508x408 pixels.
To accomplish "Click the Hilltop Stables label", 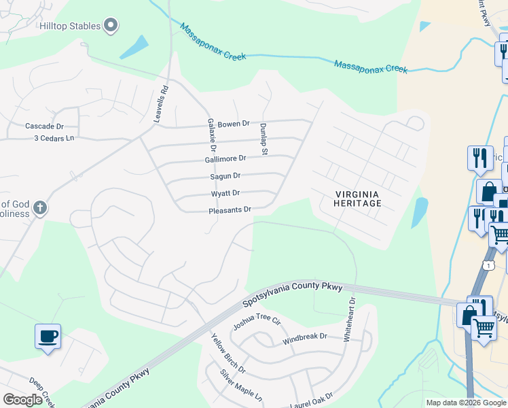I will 70,26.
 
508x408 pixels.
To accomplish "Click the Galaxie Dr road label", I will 211,134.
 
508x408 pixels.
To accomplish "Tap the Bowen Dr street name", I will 234,124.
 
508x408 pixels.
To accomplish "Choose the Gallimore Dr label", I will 225,158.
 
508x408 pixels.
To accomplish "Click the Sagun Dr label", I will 225,176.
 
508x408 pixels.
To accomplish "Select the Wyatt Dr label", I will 225,194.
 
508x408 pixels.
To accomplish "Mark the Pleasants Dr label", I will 230,211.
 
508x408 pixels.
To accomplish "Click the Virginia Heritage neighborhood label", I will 358,198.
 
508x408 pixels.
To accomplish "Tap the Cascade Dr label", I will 44,126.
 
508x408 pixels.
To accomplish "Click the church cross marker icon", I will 40,207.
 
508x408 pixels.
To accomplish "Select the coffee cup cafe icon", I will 48,336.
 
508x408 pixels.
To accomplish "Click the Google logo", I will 22,400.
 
